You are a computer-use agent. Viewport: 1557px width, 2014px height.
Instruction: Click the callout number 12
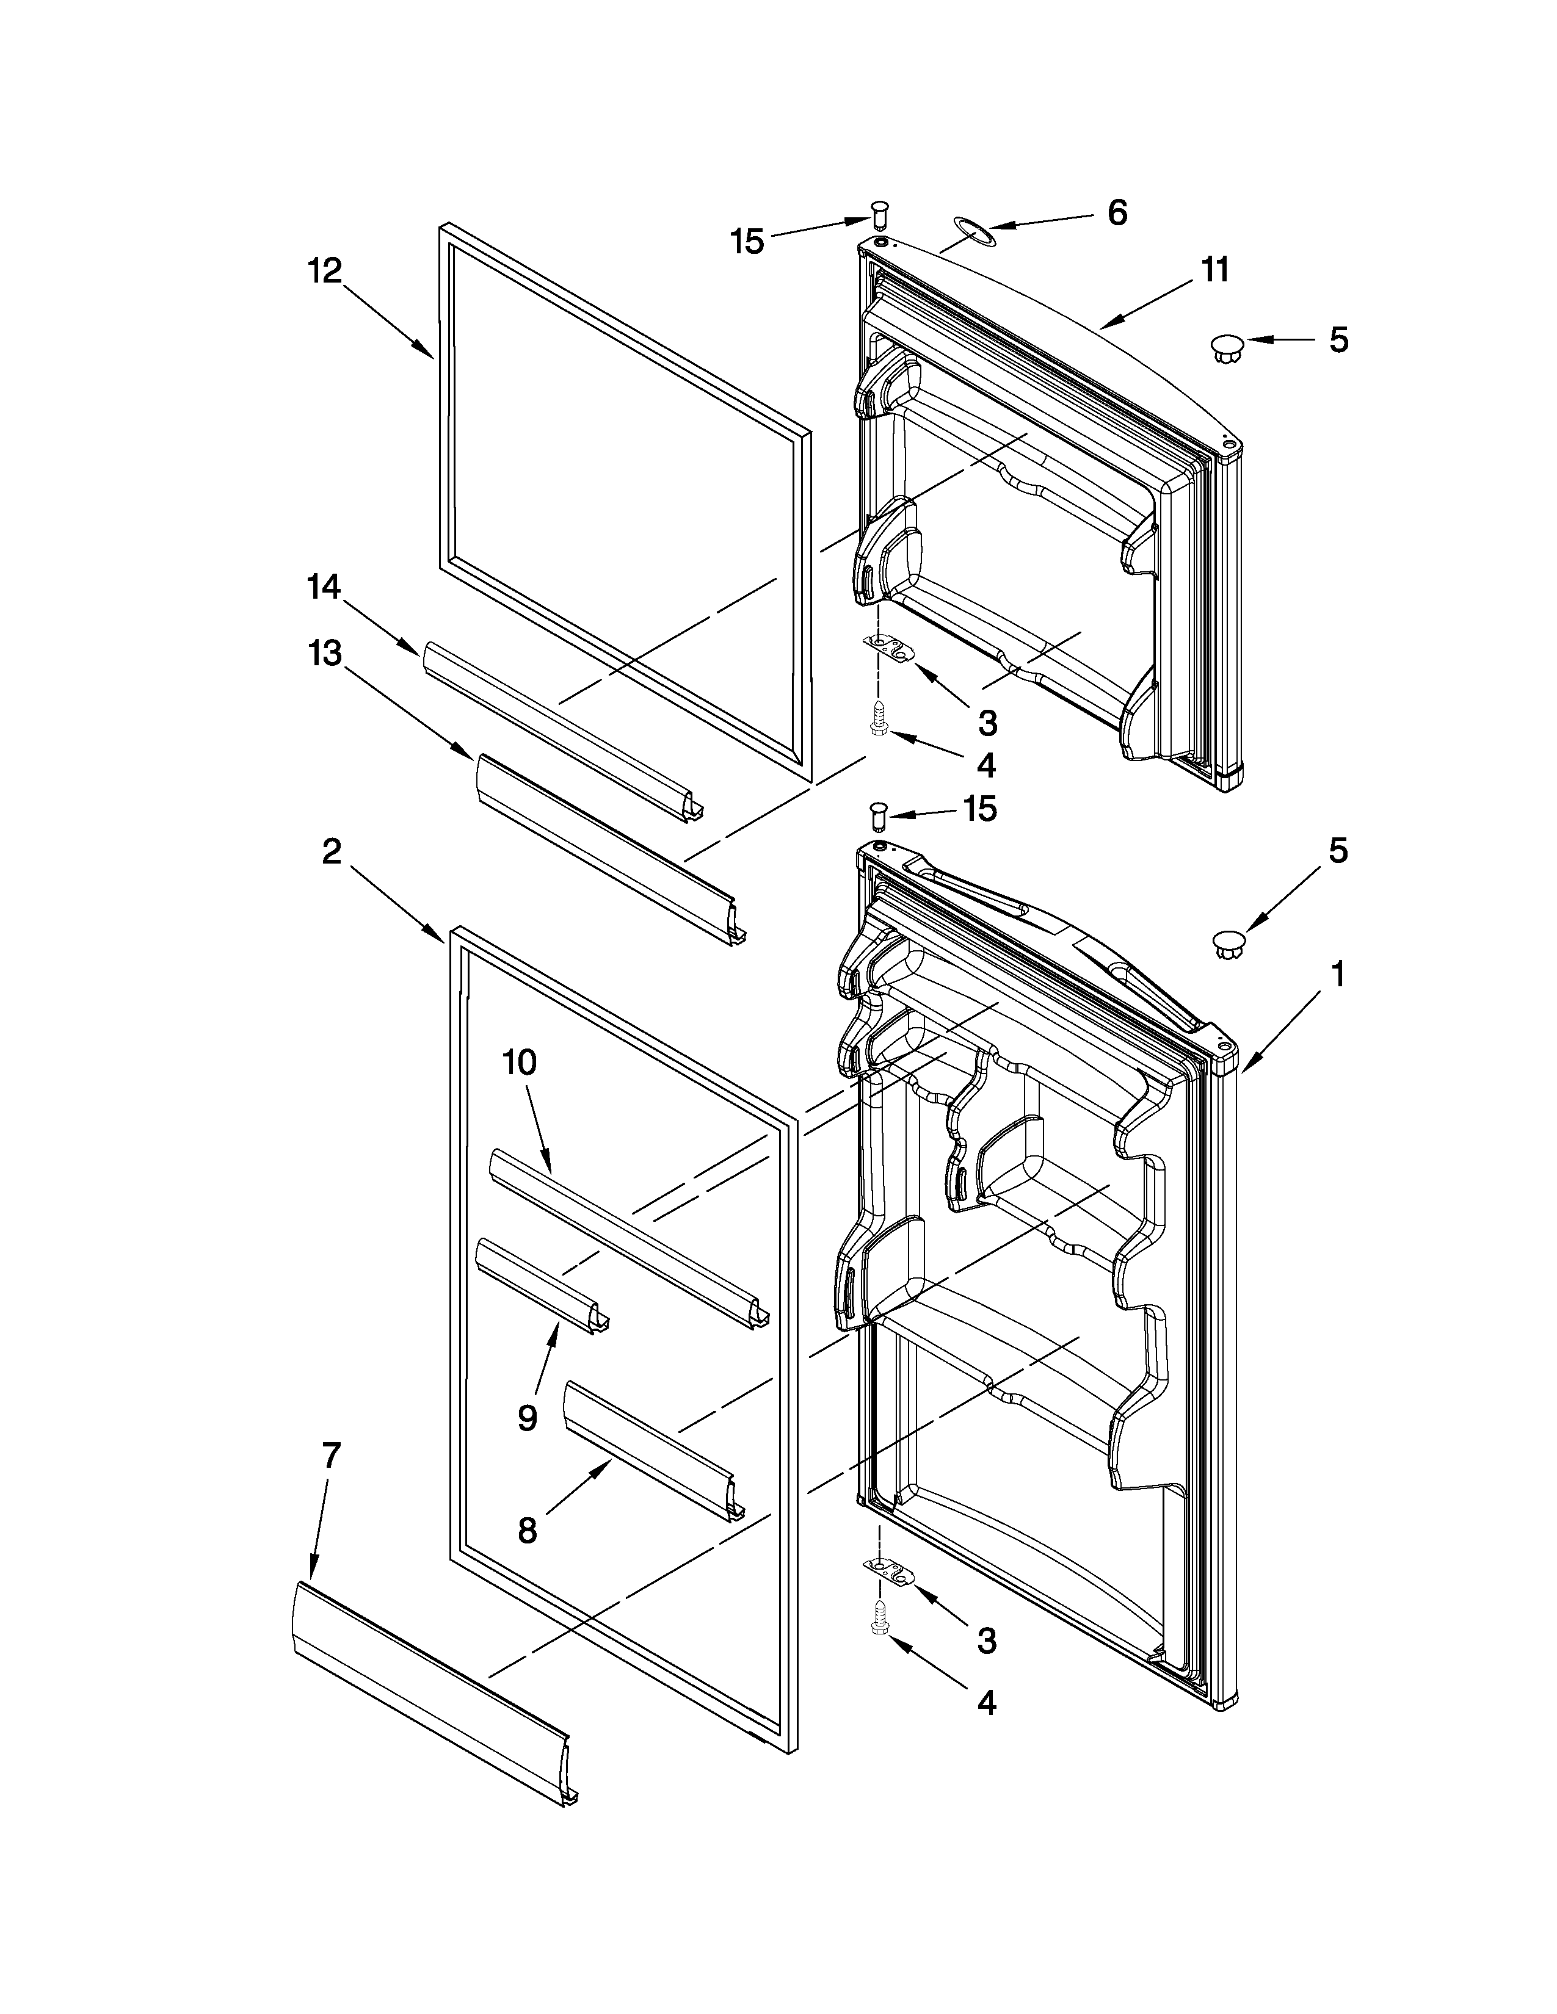pos(325,271)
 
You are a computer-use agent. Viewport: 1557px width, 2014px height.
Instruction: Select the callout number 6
pos(1116,213)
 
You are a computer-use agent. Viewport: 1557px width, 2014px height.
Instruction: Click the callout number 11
pos(1215,270)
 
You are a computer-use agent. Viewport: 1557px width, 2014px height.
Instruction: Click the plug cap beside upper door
pos(1227,348)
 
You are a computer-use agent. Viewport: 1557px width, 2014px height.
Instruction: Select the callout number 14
pos(324,587)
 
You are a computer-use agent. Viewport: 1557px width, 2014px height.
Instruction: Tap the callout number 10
pos(520,1063)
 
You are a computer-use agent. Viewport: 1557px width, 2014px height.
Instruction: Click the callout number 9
pos(527,1417)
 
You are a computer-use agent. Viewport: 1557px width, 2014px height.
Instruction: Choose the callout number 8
pos(527,1531)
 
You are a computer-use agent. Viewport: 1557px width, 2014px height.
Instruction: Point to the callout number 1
pos(1337,974)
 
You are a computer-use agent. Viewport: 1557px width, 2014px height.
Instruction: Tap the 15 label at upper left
pos(747,242)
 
